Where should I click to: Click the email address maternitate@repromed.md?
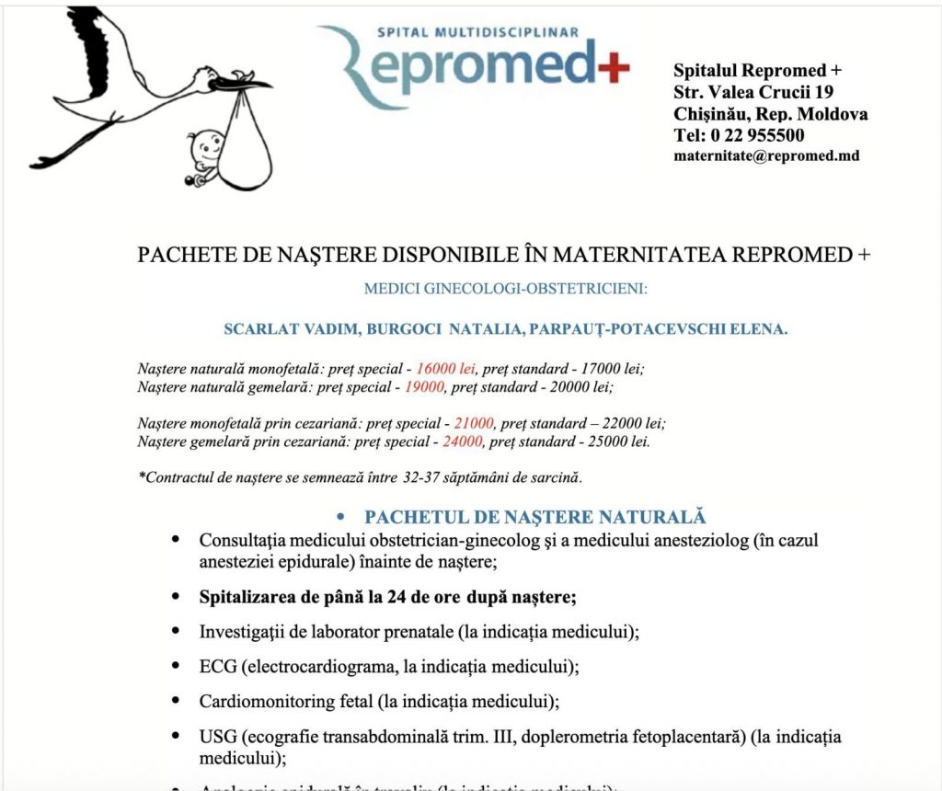pos(766,155)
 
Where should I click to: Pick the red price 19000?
pos(423,387)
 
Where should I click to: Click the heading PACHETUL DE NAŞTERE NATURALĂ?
pos(534,517)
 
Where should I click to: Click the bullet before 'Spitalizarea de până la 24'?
pos(175,596)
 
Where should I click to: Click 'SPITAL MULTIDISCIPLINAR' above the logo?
pos(478,32)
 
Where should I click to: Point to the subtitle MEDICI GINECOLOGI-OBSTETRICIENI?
pos(506,289)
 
